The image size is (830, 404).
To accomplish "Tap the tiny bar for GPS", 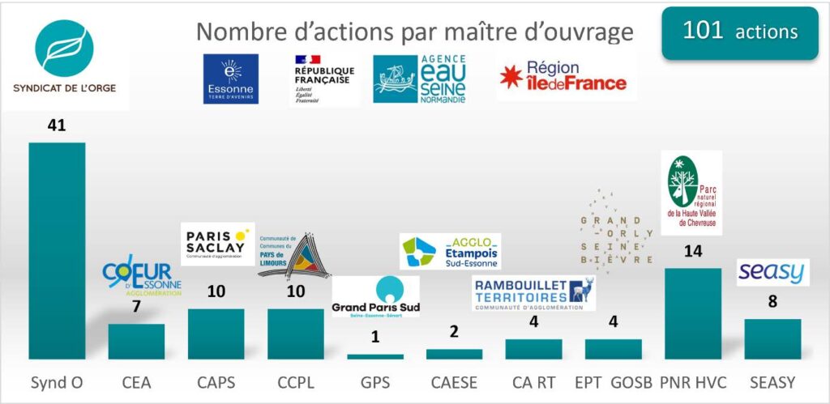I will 374,356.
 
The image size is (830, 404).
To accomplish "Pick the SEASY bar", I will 772,338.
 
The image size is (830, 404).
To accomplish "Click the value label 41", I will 56,125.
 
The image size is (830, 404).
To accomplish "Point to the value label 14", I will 692,251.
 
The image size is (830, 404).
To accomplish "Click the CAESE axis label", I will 454,382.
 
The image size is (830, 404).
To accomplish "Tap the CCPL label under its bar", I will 295,382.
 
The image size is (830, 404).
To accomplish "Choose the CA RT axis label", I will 533,382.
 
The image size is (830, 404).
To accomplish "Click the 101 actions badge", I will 739,32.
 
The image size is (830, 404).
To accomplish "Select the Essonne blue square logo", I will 231,79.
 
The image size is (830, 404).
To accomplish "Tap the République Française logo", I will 322,79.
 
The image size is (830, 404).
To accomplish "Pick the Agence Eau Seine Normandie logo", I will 420,79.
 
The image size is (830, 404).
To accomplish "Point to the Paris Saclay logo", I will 216,243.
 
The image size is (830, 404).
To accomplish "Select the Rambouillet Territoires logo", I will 533,294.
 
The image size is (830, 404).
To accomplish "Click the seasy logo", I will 772,272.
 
